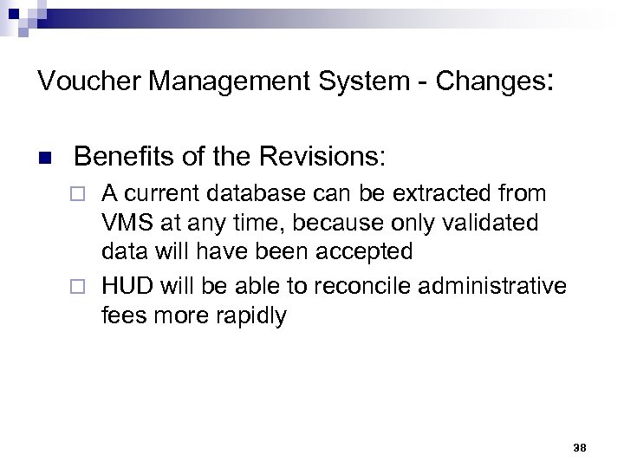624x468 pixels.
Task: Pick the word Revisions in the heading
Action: (x=328, y=157)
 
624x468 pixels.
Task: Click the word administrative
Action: (x=492, y=285)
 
